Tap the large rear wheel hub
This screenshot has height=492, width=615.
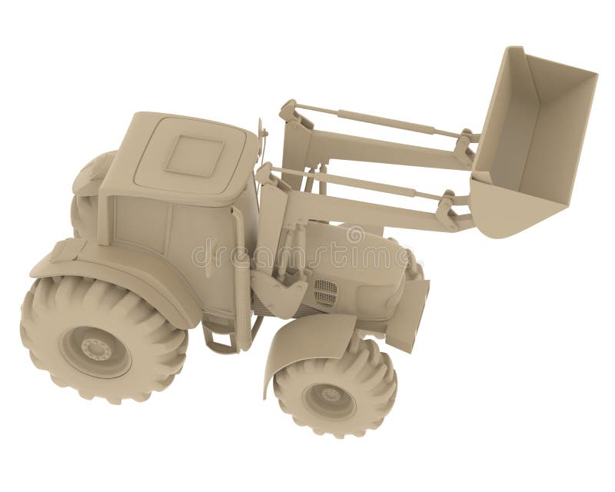point(95,350)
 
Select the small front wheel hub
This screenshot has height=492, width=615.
point(329,397)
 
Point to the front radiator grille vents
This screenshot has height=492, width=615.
point(325,291)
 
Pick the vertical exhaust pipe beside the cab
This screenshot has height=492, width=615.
point(241,277)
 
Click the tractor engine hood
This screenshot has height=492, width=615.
point(361,254)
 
